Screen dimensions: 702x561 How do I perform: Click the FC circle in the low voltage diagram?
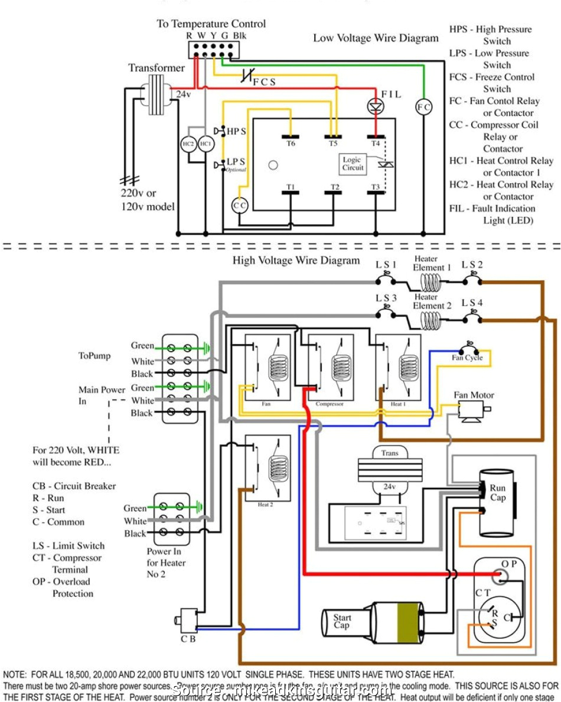(x=424, y=107)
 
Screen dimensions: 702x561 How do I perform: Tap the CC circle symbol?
(x=239, y=205)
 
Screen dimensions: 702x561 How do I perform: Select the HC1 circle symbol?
(x=205, y=144)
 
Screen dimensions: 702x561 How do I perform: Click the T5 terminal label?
(x=334, y=143)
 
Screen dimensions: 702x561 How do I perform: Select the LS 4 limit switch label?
(x=472, y=303)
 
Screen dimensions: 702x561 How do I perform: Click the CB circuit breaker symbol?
(x=188, y=620)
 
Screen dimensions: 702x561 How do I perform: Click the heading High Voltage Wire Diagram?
(x=295, y=260)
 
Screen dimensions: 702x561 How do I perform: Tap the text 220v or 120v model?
(x=145, y=200)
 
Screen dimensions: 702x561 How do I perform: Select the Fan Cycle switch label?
(x=467, y=357)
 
